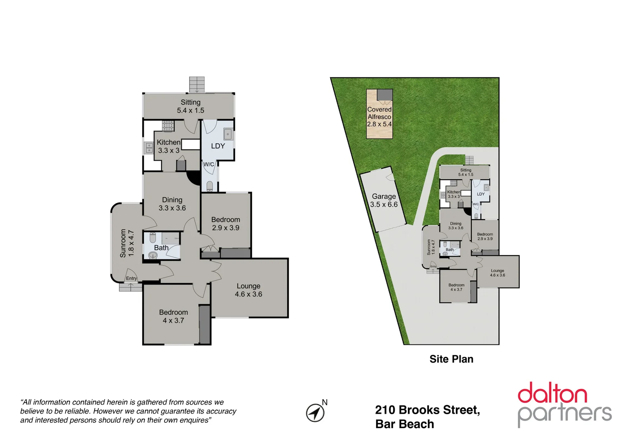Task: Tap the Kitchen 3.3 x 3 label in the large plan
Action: pyautogui.click(x=169, y=146)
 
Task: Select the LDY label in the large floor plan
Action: pyautogui.click(x=218, y=146)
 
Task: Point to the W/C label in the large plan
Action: pyautogui.click(x=209, y=164)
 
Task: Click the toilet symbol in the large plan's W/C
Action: pyautogui.click(x=210, y=186)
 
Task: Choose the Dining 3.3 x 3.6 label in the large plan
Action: pyautogui.click(x=172, y=204)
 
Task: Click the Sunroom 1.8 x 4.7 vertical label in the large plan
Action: pyautogui.click(x=127, y=243)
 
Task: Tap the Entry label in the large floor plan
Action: pyautogui.click(x=131, y=279)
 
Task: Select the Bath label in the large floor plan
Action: pyautogui.click(x=161, y=248)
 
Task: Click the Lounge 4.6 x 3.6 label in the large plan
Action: pyautogui.click(x=248, y=290)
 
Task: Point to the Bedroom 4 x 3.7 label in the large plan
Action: pyautogui.click(x=173, y=316)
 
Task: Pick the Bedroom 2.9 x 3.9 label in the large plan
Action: pyautogui.click(x=225, y=224)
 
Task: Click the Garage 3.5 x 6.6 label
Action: pyautogui.click(x=384, y=201)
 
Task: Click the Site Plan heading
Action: pyautogui.click(x=451, y=359)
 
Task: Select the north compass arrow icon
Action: pyautogui.click(x=315, y=412)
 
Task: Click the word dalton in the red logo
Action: pyautogui.click(x=552, y=393)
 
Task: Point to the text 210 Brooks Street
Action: pyautogui.click(x=427, y=410)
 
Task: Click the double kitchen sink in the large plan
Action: pyautogui.click(x=149, y=148)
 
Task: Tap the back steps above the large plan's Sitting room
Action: pyautogui.click(x=197, y=84)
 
